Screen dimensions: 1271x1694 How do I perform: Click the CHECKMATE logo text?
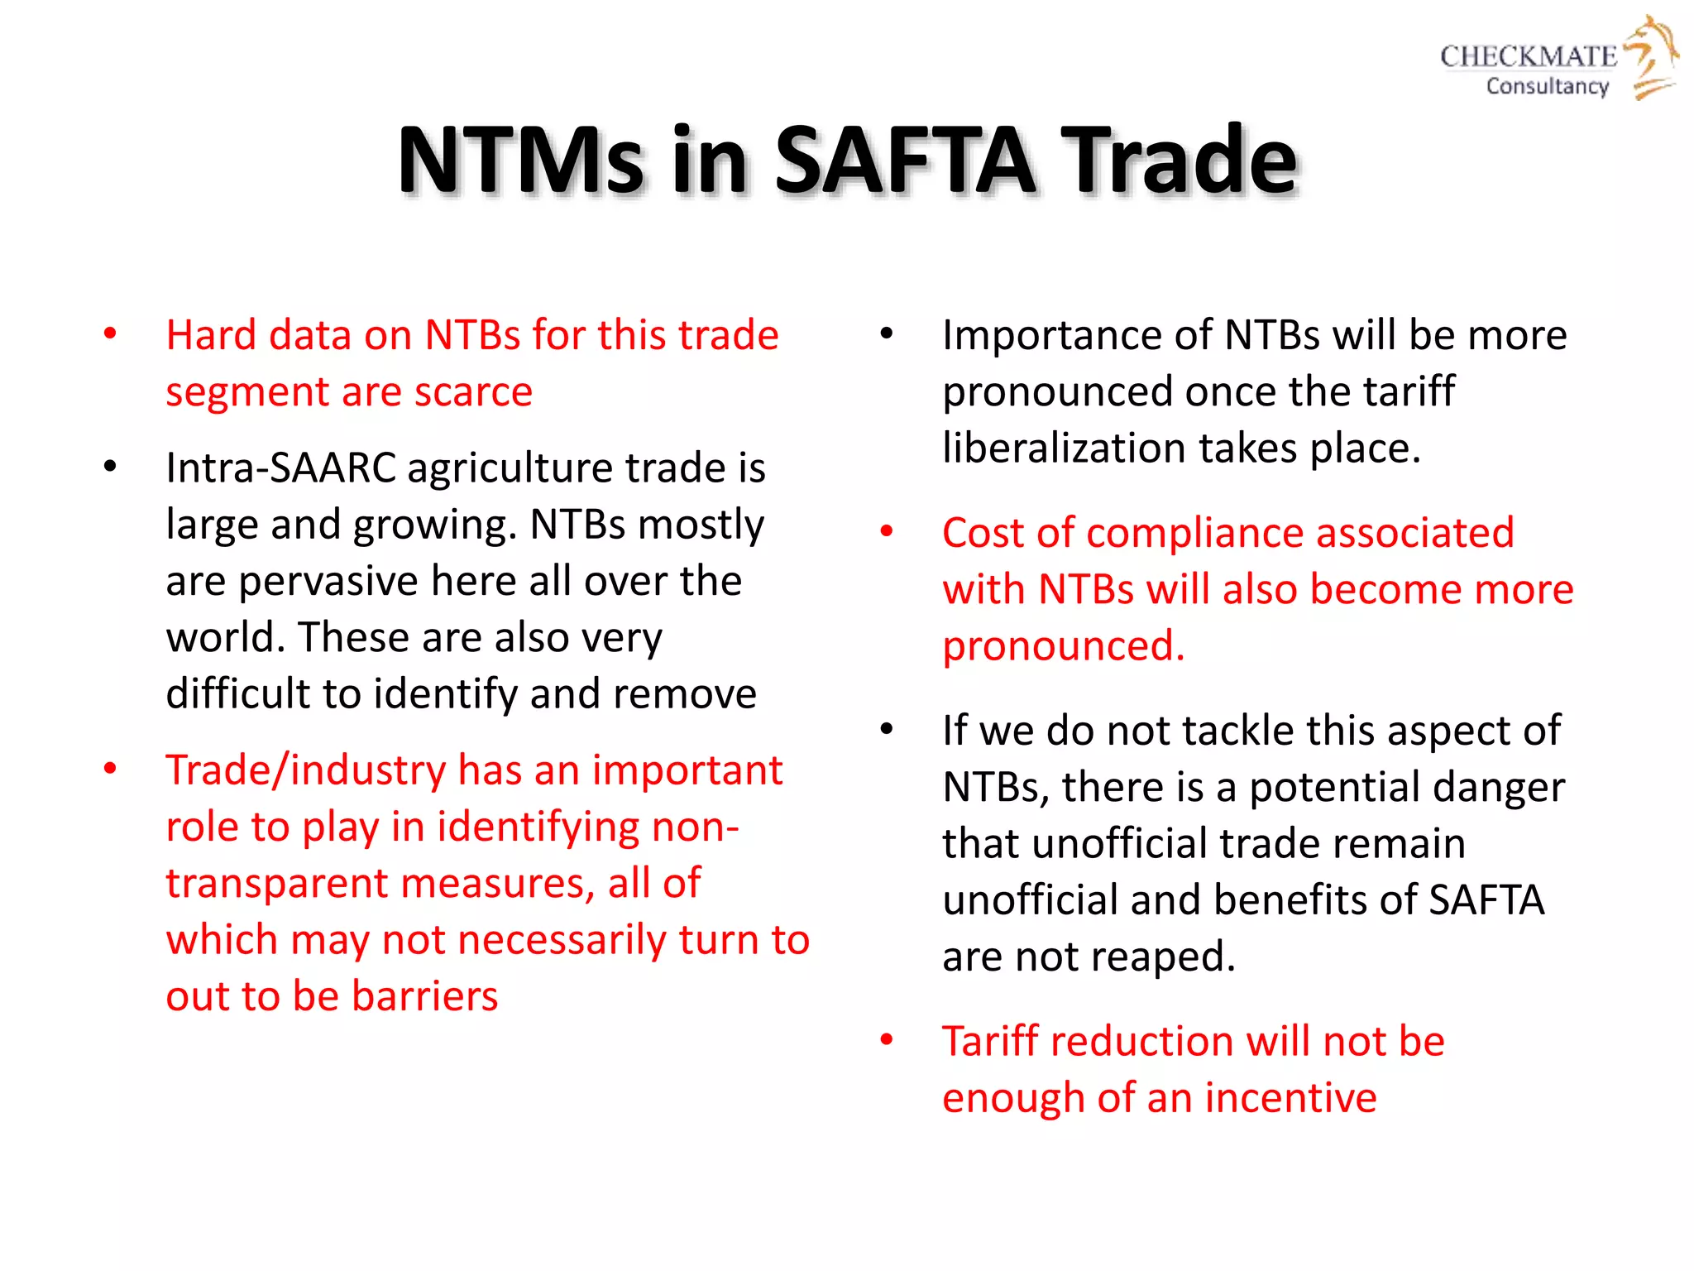1528,56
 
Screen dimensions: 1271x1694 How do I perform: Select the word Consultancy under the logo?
1547,86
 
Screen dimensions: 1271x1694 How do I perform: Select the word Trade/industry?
305,770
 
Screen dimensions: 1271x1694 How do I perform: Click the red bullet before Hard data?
110,333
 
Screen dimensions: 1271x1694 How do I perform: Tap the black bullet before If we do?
887,729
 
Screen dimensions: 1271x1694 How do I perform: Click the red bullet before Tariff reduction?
887,1039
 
